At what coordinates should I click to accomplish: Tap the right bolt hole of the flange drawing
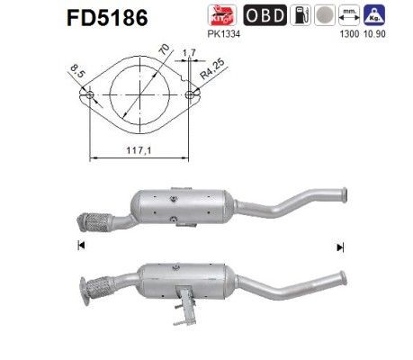pos(191,94)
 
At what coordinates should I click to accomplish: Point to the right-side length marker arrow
pos(339,246)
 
